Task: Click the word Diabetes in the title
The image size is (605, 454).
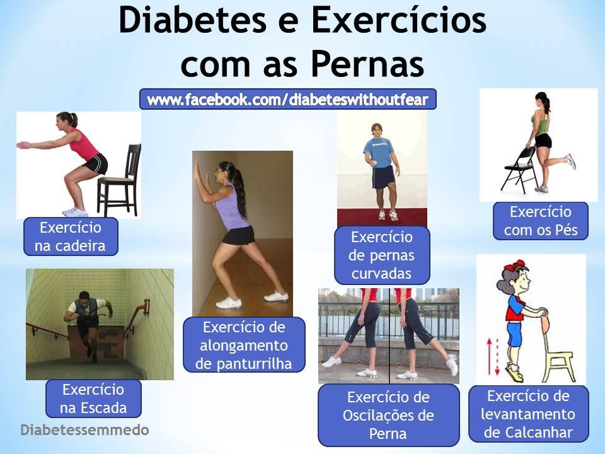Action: (x=192, y=20)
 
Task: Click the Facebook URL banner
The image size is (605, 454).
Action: (x=288, y=99)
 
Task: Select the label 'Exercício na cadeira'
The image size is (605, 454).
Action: (x=71, y=236)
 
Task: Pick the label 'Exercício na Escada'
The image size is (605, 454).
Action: (x=93, y=399)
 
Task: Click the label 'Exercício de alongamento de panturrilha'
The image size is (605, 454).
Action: (x=244, y=345)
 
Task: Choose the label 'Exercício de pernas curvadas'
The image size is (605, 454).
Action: (x=382, y=255)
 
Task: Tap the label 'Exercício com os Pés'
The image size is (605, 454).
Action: (x=541, y=221)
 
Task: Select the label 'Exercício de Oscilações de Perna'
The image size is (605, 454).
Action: (x=389, y=415)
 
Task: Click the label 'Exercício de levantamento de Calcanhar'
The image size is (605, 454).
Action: (x=529, y=414)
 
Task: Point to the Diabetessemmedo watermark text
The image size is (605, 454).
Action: (x=84, y=430)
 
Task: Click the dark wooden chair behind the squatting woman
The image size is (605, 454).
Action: (x=120, y=180)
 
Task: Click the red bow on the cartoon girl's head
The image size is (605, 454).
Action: (x=515, y=265)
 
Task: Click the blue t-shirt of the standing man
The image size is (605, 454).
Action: (x=379, y=153)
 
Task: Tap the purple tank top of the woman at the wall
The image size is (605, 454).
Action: (x=231, y=208)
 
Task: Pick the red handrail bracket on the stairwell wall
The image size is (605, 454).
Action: (x=146, y=307)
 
